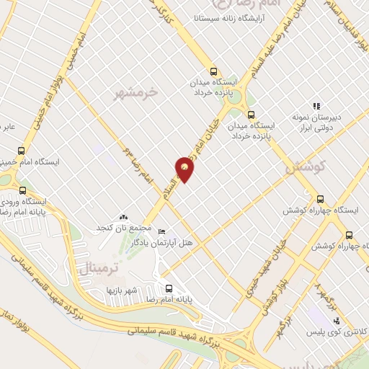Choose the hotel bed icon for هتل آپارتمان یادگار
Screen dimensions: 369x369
[161, 232]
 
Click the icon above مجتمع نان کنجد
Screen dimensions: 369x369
[123, 216]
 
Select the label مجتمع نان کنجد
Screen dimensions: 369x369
[116, 228]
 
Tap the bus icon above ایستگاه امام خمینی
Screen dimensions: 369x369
[22, 151]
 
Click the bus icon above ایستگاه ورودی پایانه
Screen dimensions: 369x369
[23, 191]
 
